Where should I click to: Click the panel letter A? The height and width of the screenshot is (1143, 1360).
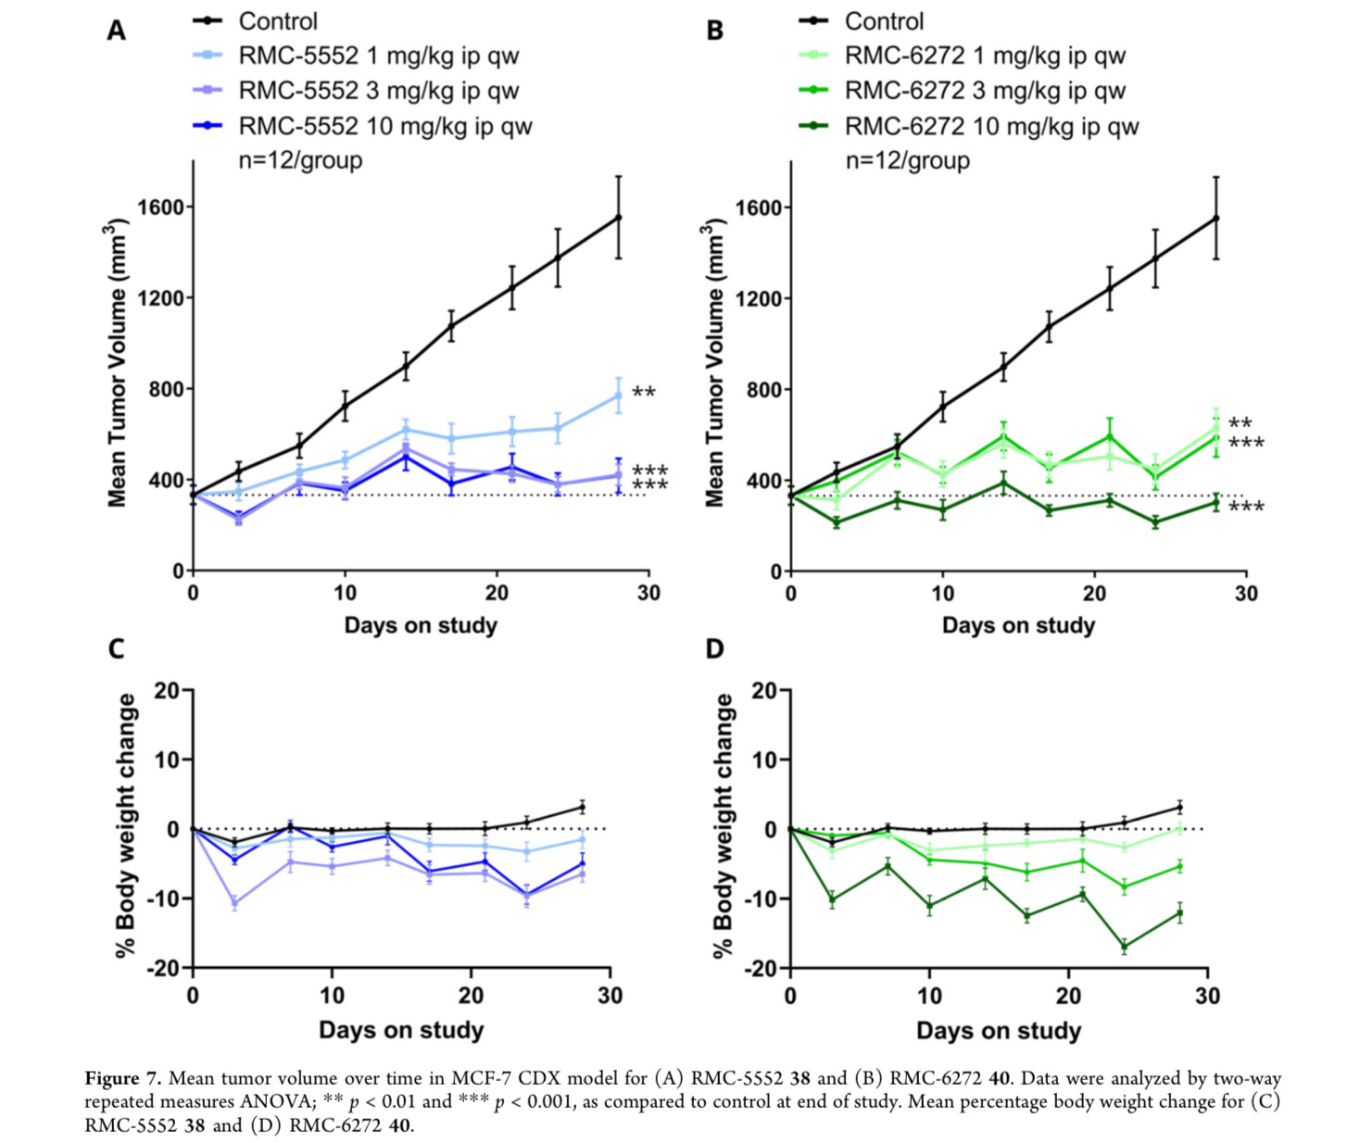[116, 31]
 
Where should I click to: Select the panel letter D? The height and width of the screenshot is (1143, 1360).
[714, 648]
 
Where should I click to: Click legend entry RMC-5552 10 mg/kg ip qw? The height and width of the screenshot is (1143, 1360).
[384, 126]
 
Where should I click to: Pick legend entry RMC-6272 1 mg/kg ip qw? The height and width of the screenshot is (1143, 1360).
[984, 57]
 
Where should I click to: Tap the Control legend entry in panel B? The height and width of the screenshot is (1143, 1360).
[883, 21]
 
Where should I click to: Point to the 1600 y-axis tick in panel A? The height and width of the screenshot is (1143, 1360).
[160, 207]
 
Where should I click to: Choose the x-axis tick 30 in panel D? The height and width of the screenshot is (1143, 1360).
[1207, 997]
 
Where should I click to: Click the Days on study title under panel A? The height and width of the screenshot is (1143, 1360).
[421, 626]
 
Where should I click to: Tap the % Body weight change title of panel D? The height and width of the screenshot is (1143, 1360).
[724, 824]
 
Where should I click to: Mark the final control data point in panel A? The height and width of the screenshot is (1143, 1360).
[619, 218]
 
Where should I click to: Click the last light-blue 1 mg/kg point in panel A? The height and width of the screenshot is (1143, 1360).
[619, 396]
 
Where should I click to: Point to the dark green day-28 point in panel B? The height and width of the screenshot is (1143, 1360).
[1216, 503]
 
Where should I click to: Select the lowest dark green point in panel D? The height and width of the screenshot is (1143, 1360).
[1125, 947]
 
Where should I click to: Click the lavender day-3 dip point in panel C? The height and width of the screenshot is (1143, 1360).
[234, 903]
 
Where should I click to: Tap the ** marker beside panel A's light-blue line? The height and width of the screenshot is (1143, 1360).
[644, 393]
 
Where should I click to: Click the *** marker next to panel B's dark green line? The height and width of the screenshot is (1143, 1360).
[1246, 507]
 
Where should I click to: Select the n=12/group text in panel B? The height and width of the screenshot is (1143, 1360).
[907, 161]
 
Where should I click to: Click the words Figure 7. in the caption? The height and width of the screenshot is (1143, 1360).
[123, 1078]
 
